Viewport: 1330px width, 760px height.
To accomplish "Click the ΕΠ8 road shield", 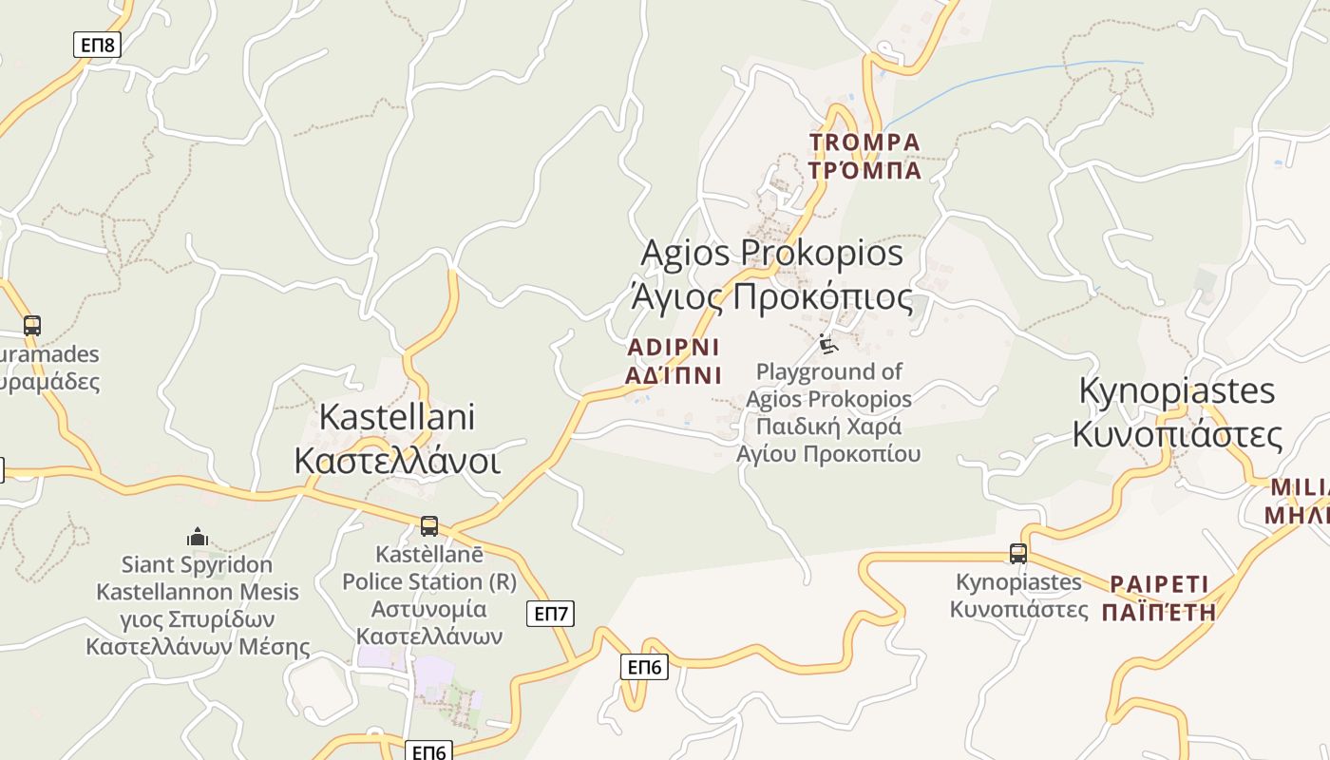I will [97, 45].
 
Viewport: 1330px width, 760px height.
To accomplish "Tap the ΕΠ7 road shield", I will [550, 614].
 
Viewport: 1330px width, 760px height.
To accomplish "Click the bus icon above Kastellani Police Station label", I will [429, 526].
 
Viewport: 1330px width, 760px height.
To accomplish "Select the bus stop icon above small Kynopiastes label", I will [1018, 554].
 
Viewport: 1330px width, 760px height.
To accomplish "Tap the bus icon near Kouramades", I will [32, 326].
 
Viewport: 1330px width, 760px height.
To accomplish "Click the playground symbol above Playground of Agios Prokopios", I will [828, 343].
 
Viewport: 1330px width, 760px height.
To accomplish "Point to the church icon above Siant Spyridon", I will [198, 538].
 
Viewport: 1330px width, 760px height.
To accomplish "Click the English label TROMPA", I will [864, 142].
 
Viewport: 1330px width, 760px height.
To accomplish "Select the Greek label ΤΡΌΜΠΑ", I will [864, 171].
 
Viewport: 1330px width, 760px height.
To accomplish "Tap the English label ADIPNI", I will [674, 347].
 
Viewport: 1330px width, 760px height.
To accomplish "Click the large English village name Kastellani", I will [397, 417].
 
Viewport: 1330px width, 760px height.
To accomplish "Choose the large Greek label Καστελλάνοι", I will [397, 461].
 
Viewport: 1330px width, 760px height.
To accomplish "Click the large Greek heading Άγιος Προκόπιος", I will [771, 296].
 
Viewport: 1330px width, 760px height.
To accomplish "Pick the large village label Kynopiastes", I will [1177, 390].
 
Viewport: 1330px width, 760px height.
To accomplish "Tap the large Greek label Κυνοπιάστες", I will [1177, 435].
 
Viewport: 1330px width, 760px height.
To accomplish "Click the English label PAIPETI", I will [1159, 583].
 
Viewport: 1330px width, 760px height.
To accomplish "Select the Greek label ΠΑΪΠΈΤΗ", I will [1159, 612].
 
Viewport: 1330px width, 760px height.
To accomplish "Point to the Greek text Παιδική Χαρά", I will [828, 426].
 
